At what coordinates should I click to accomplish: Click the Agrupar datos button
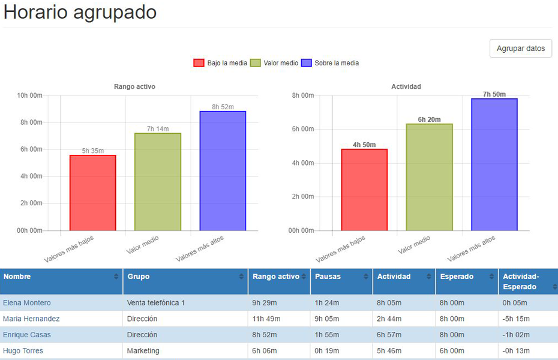[521, 49]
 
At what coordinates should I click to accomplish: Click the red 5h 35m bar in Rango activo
[92, 192]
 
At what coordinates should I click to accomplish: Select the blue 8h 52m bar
[223, 170]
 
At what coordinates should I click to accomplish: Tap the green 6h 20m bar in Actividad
[429, 177]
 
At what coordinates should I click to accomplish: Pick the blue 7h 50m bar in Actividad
[494, 164]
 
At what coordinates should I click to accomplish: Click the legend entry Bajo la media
[220, 63]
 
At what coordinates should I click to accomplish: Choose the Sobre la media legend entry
[330, 63]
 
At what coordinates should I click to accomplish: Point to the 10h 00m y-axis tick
[30, 95]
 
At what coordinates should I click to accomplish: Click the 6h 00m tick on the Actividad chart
[303, 129]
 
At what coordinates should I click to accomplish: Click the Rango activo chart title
[134, 86]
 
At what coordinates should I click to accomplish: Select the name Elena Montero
[27, 303]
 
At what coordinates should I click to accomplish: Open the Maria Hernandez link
[31, 319]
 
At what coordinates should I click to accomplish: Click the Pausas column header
[328, 277]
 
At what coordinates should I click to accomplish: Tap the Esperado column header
[457, 277]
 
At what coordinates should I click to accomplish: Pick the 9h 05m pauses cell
[327, 319]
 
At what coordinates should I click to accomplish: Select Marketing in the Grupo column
[143, 350]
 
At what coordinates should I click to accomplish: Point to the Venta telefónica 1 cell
[156, 303]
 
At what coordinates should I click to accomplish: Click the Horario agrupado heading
[80, 13]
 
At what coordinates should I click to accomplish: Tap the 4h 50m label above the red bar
[364, 145]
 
